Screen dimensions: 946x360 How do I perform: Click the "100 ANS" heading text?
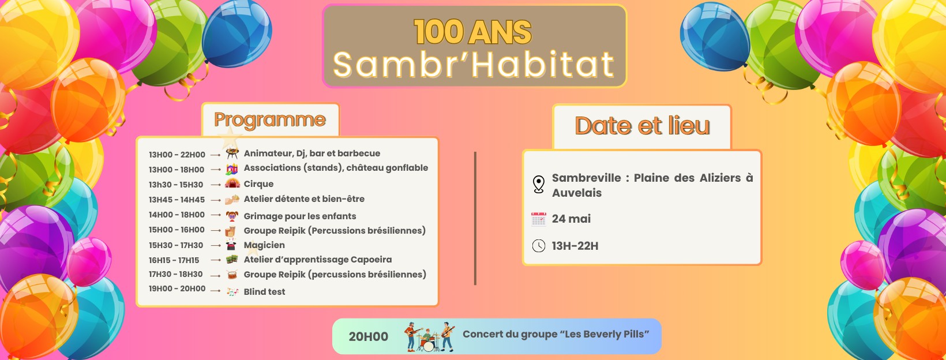point(472,32)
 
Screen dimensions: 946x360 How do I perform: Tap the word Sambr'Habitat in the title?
point(474,65)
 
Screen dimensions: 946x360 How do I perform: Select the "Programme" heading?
point(270,120)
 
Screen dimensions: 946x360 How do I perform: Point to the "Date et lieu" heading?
point(642,126)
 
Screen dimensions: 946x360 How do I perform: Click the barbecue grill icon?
point(232,153)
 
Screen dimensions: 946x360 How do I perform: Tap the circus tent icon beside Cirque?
point(232,183)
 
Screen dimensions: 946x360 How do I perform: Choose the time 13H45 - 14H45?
point(177,200)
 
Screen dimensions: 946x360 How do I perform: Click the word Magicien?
point(264,245)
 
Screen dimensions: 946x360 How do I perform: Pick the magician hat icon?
point(231,245)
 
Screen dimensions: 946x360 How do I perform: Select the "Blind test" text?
point(264,291)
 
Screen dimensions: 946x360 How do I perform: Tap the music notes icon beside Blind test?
point(232,291)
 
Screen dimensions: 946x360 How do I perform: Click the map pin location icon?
point(538,185)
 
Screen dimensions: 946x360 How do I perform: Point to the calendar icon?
point(538,219)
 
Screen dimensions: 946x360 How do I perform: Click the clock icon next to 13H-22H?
point(538,246)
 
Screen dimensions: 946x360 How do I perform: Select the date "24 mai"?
point(571,219)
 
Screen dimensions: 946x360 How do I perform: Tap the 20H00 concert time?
point(368,337)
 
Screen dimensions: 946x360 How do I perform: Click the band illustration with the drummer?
point(429,337)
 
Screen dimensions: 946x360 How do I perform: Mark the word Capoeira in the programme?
point(371,260)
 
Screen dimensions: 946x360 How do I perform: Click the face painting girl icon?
point(231,216)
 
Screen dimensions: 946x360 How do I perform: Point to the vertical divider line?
point(475,219)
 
